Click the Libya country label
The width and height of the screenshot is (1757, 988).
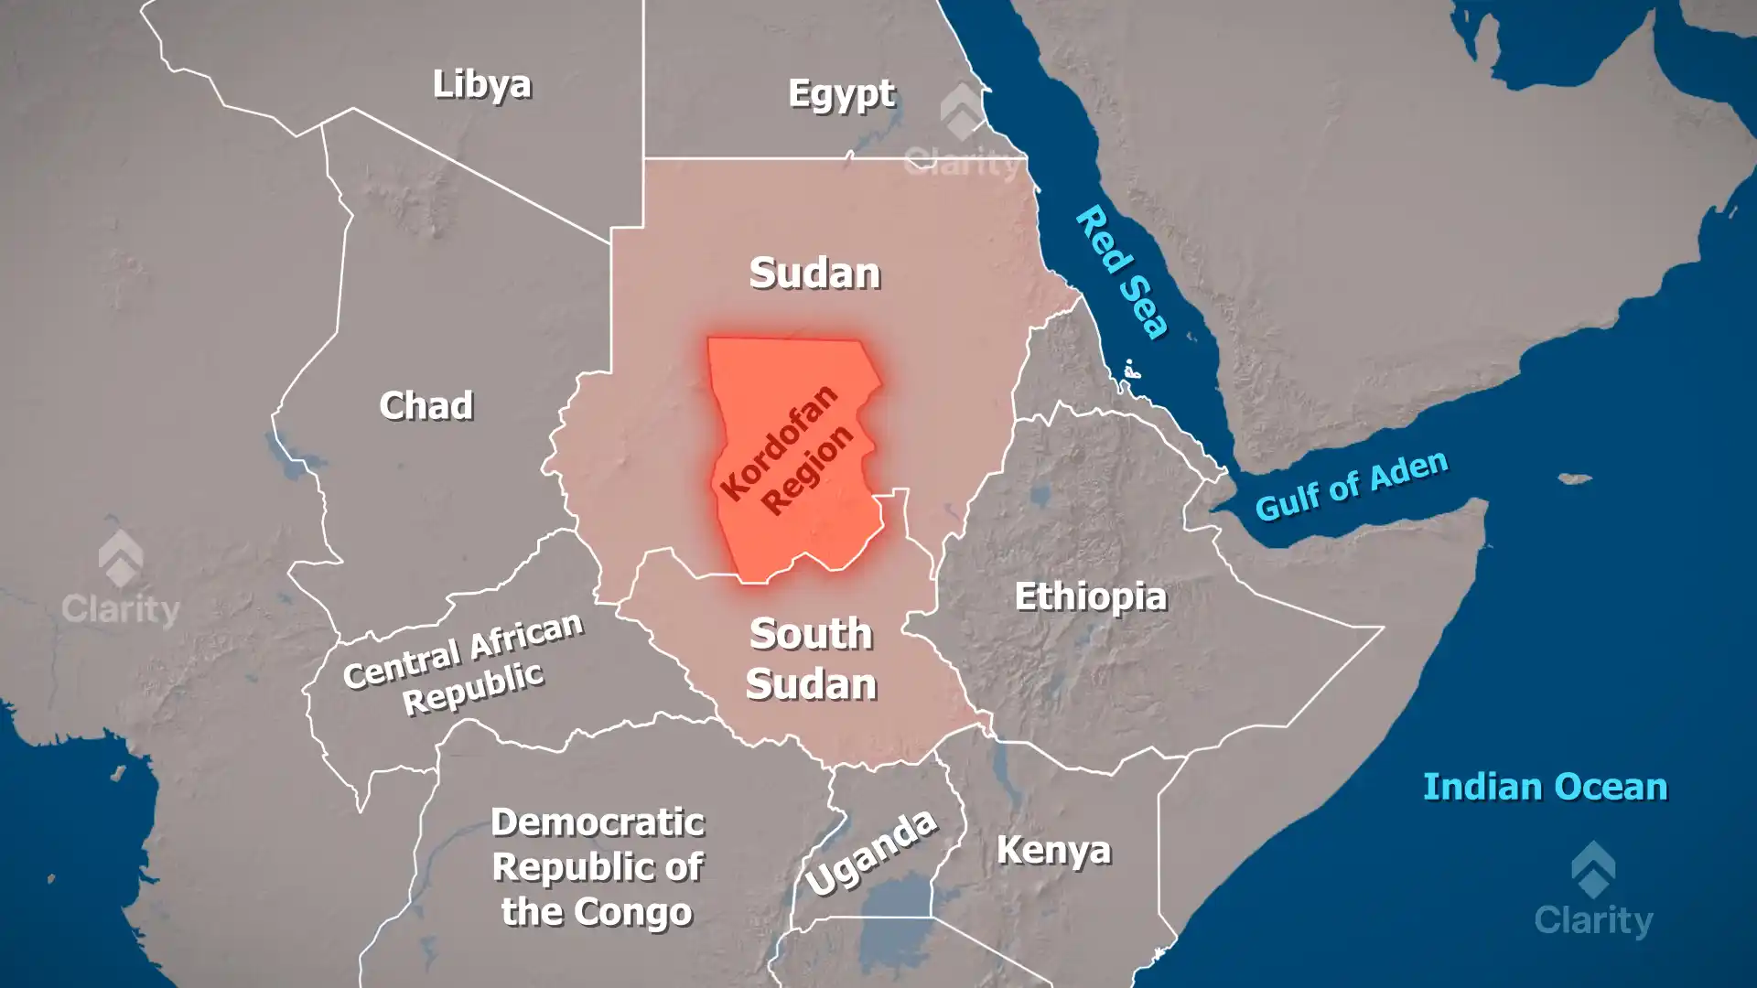coord(481,84)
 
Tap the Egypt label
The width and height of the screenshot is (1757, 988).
coord(841,94)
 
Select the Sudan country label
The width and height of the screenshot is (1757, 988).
coord(814,274)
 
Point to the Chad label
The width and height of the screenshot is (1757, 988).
coord(426,405)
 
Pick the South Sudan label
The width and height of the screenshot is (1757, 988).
coord(811,660)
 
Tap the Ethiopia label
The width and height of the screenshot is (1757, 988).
coord(1090,597)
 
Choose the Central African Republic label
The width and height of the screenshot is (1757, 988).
coord(464,662)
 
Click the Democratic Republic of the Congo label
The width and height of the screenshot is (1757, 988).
coord(598,866)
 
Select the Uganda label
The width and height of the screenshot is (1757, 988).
coord(871,853)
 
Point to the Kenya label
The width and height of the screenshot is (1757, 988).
coord(1053,850)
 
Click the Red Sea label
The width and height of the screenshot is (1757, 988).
coord(1122,273)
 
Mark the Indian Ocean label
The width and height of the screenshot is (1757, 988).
coord(1545,787)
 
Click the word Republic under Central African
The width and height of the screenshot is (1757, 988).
coord(473,688)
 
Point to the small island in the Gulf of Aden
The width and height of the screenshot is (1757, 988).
coord(1574,478)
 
